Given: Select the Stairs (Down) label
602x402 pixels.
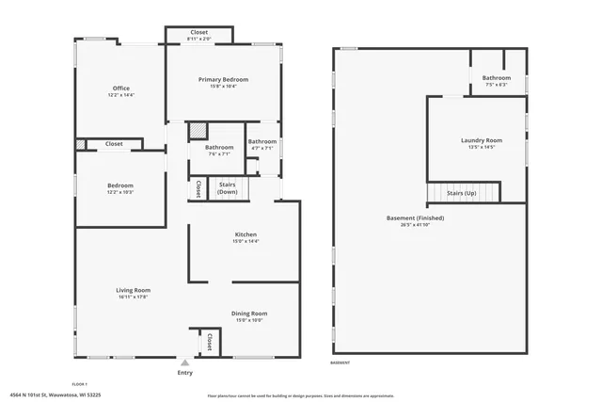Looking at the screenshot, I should [227, 187].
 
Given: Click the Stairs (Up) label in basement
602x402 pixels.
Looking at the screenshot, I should [461, 192].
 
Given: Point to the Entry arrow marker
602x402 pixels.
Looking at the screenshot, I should [184, 362].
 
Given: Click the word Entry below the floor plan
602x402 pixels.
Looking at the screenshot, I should [184, 373].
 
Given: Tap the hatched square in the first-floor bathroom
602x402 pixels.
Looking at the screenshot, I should [197, 132].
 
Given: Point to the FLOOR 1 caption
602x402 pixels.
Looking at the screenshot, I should [81, 384].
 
